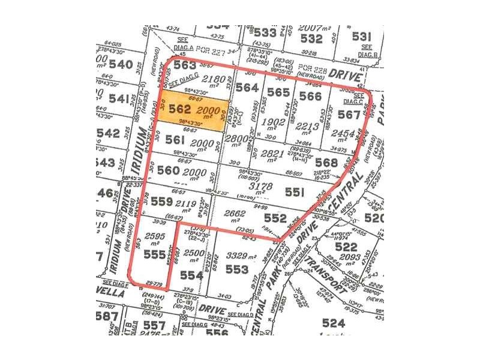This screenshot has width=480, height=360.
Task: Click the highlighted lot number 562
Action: point(180,110)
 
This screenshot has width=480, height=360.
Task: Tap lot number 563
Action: point(185,66)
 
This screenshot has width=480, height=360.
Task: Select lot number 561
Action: point(175,140)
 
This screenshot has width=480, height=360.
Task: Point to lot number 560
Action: point(168,170)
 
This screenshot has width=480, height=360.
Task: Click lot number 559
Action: point(162,202)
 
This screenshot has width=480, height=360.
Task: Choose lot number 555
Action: point(154,255)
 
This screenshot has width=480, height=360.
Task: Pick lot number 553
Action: point(237,270)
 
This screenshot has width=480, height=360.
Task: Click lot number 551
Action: point(295,193)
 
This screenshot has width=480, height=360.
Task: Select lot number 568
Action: point(326,162)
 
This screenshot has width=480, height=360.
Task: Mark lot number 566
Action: point(310,95)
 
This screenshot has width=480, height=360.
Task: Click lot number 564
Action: point(247,88)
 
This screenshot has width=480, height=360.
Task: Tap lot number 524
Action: point(334,323)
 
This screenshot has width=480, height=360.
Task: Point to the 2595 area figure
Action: point(155,236)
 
